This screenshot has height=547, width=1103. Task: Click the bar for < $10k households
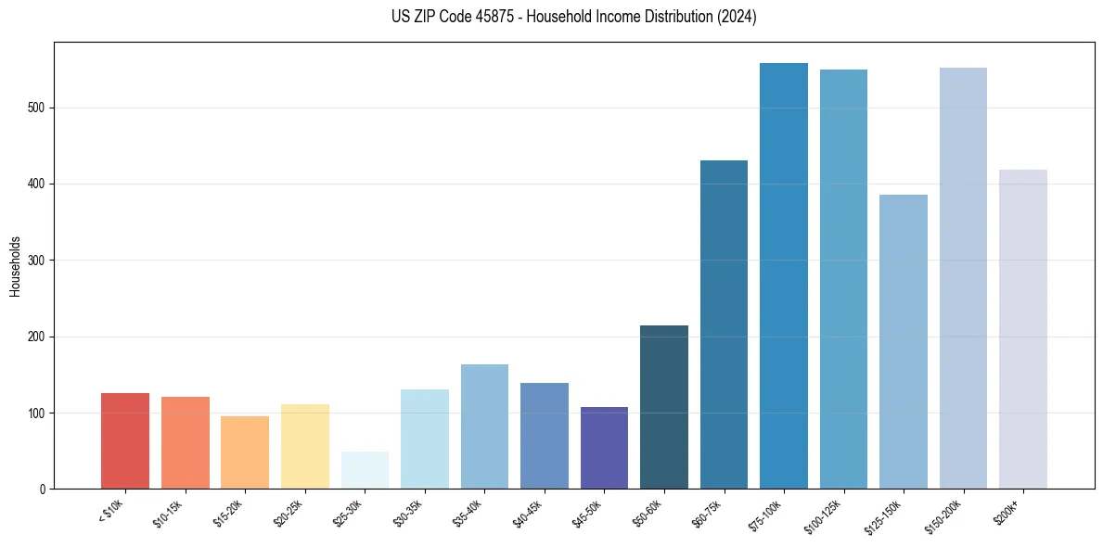point(125,440)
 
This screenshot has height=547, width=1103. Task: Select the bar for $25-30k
point(365,470)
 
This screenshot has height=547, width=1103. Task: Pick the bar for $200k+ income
point(1023,329)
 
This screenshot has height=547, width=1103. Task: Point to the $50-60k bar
point(664,407)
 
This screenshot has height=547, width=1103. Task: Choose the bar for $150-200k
point(963,278)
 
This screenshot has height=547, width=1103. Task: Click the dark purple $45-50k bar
point(604,448)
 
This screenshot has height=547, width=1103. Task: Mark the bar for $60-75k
point(724,324)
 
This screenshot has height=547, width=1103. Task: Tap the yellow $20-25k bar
point(305,446)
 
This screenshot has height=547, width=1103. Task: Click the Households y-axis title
point(15,266)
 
